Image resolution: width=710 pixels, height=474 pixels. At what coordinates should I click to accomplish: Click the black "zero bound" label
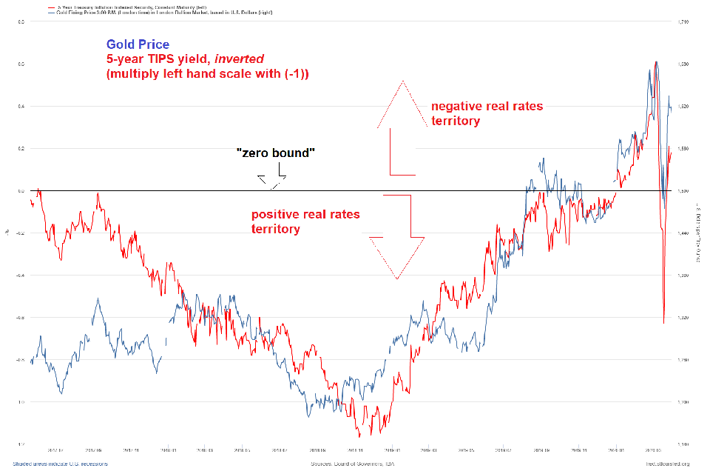276,153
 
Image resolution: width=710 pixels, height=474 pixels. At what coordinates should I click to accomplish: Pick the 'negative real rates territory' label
487,113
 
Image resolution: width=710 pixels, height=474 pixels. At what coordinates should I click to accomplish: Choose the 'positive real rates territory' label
305,221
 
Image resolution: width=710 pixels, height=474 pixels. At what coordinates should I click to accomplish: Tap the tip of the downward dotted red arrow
397,279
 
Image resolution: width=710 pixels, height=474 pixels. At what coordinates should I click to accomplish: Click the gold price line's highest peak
656,62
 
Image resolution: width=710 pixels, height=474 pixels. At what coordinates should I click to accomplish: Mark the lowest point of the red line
359,437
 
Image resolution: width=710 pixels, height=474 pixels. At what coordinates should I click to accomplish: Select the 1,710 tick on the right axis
684,22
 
